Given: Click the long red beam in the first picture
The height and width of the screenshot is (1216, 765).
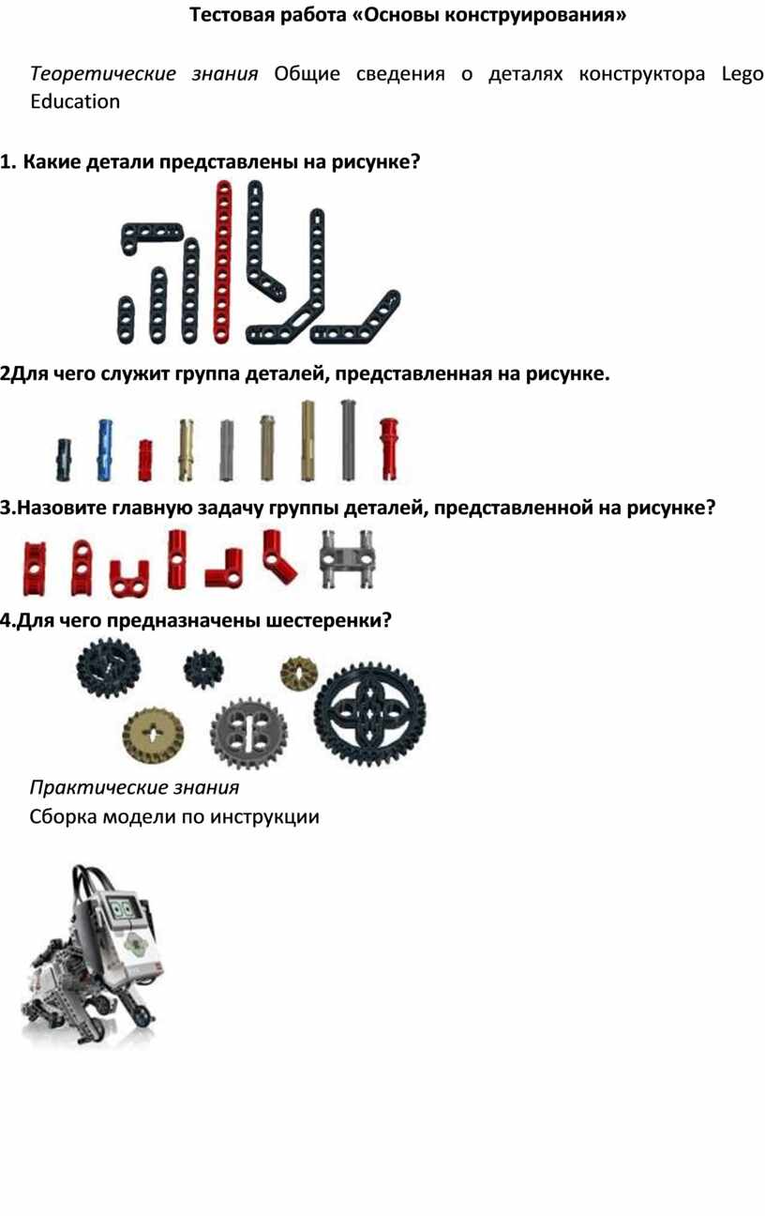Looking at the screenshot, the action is (223, 262).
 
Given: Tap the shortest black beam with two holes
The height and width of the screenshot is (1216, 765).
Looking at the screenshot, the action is (126, 320).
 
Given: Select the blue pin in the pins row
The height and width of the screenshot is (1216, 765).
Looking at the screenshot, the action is (105, 450).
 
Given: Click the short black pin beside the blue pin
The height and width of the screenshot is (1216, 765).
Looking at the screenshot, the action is (64, 460).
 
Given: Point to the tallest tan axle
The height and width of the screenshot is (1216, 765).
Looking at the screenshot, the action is (307, 440).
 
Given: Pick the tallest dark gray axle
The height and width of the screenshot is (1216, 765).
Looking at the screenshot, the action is (348, 440).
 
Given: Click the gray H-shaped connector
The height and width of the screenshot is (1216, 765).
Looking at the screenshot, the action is (347, 559).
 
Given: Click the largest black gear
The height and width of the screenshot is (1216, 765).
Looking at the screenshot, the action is (370, 712).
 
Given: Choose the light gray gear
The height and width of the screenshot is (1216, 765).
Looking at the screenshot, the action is (249, 734).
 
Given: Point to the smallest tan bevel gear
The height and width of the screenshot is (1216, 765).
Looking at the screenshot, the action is (299, 673).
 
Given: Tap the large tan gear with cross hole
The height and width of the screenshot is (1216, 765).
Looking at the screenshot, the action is (153, 736).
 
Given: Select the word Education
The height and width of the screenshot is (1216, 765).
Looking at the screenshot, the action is (75, 101).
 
